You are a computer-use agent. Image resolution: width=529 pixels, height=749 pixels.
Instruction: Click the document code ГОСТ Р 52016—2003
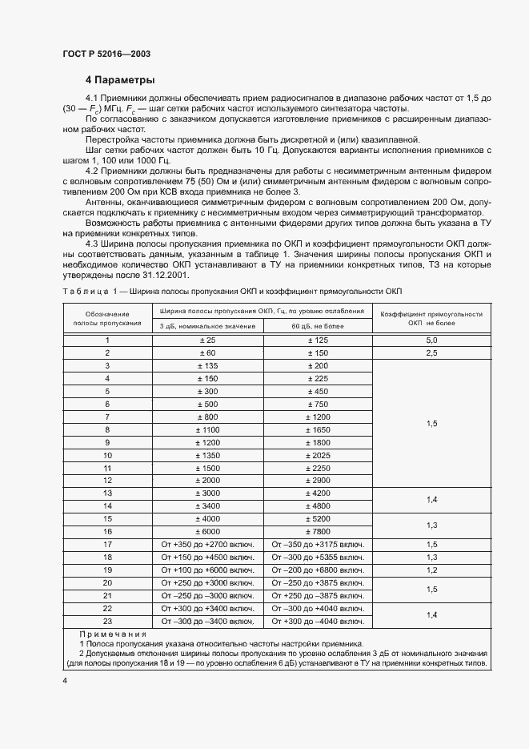click(106, 54)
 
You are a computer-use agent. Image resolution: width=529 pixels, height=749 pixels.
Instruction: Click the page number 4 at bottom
click(65, 680)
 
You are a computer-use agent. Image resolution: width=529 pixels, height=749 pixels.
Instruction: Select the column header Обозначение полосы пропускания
click(107, 318)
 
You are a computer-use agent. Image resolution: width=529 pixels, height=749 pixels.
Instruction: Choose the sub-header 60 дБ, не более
click(318, 326)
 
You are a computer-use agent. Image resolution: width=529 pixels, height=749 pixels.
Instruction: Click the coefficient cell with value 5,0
click(431, 340)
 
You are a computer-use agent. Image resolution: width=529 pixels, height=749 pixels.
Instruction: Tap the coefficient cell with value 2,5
click(431, 352)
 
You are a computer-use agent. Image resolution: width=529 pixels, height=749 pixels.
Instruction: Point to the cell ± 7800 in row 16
click(318, 531)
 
